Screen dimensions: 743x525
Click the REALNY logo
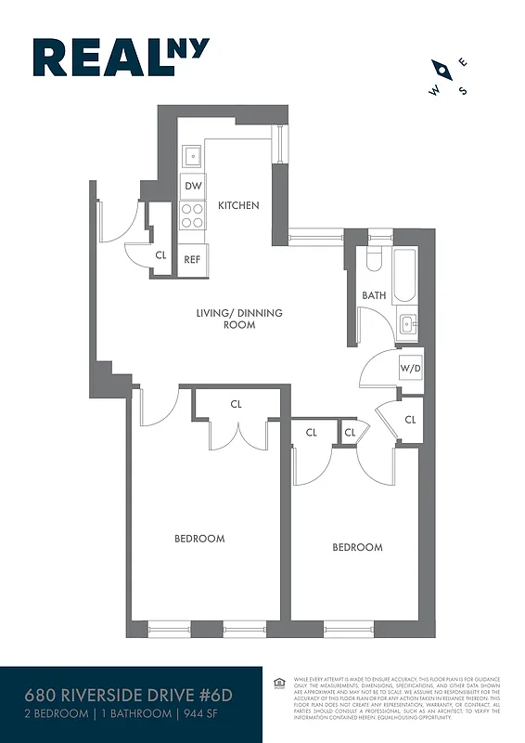point(121,57)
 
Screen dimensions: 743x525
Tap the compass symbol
point(448,77)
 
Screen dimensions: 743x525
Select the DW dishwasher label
point(193,187)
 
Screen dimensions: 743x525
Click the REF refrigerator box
point(192,259)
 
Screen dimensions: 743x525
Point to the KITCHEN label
point(238,205)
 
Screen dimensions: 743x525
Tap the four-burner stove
point(193,216)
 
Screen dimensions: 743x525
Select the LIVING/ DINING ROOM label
point(238,319)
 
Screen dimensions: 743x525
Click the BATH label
point(374,295)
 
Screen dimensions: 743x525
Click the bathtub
point(404,275)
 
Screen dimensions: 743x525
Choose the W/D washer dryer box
point(410,369)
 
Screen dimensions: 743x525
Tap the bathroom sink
point(409,325)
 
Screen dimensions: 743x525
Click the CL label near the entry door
point(160,254)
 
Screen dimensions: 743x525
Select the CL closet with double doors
point(236,404)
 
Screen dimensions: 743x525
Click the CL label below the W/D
point(410,421)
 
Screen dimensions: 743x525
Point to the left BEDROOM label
point(199,539)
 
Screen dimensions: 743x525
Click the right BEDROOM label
point(357,547)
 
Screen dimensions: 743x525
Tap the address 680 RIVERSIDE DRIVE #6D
point(114,696)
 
